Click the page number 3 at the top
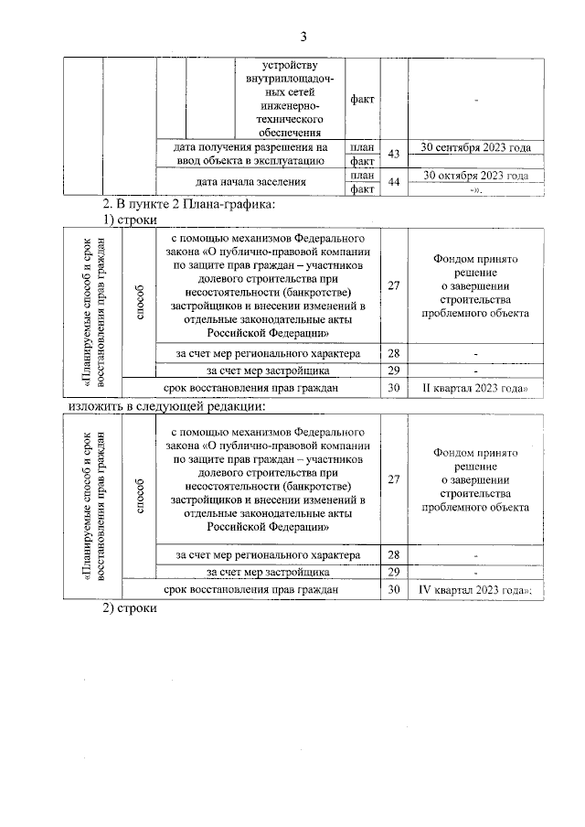(303, 37)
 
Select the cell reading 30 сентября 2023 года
(475, 147)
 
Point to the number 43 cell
(394, 154)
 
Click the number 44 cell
(394, 182)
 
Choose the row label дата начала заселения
(250, 182)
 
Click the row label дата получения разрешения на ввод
(250, 154)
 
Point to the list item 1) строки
(130, 220)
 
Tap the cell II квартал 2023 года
(475, 388)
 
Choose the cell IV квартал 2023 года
(475, 591)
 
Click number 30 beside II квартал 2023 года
(394, 388)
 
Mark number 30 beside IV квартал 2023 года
(394, 591)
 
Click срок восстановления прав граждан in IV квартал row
(251, 591)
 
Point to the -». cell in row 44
(475, 189)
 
